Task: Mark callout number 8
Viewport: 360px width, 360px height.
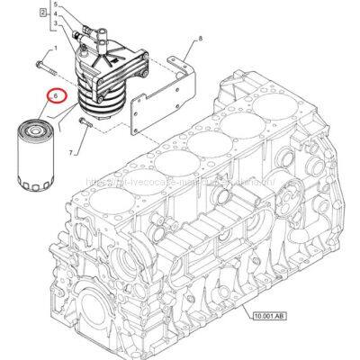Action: point(201,40)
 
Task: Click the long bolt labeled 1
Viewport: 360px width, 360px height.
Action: point(49,66)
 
